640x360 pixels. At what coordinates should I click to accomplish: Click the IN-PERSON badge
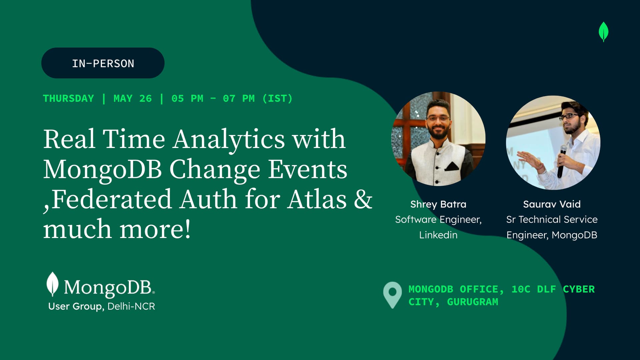(103, 63)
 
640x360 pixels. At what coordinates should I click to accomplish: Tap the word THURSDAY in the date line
(68, 99)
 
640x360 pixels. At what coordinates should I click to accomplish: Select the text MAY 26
(132, 99)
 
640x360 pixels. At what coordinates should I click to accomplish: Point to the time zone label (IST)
(277, 99)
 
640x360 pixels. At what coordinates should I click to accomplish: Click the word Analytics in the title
(229, 140)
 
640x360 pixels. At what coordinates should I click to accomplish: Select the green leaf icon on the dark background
(603, 32)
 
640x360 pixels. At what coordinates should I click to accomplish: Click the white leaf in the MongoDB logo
(52, 284)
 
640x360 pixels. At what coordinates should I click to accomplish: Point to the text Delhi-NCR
(131, 306)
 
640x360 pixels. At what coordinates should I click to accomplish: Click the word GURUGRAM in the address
(472, 302)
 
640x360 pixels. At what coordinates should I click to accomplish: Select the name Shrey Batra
(438, 204)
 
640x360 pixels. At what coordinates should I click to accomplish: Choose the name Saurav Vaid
(552, 204)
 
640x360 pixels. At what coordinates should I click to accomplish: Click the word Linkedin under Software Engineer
(438, 235)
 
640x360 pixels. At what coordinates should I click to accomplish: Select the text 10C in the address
(521, 289)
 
